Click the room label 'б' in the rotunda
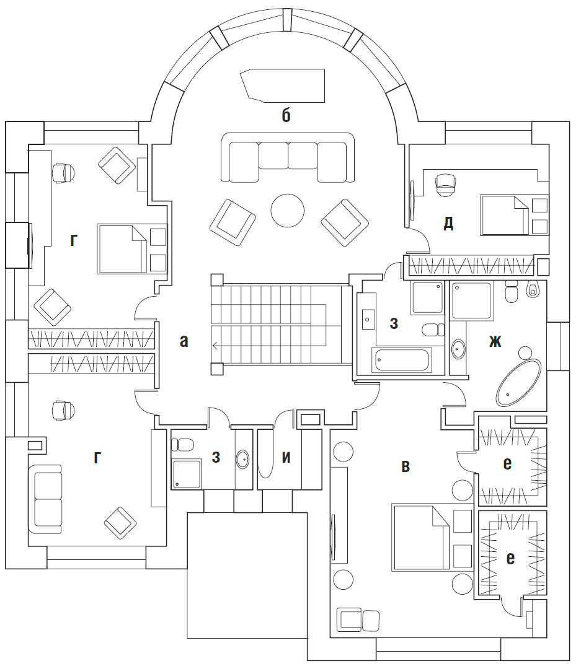coord(286,116)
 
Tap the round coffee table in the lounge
coord(288,211)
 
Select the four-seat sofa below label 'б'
coord(287,159)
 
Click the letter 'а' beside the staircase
coord(184,341)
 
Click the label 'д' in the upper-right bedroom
coord(448,224)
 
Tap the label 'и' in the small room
coord(286,458)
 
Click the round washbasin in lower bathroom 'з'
coord(242,460)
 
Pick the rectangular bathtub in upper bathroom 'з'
coord(401,359)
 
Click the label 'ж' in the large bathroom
coord(494,341)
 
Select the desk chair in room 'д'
coord(446,183)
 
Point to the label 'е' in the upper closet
coord(507,464)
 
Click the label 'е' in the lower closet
coord(510,559)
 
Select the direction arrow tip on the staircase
coord(213,346)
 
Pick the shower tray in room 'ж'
coord(471,300)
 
